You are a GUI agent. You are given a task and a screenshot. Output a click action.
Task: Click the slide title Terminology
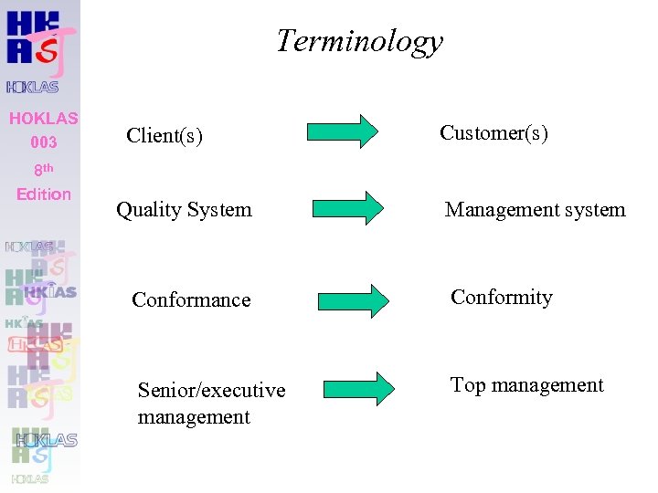[359, 41]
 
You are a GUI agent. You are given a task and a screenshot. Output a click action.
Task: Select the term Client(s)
[164, 136]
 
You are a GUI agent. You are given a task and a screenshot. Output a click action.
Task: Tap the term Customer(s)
[493, 133]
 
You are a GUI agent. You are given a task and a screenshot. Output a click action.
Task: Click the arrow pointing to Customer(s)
[342, 131]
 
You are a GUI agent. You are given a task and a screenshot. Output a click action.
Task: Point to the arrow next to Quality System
[348, 207]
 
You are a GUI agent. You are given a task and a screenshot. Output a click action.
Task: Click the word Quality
[149, 210]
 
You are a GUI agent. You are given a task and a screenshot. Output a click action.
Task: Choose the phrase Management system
[535, 210]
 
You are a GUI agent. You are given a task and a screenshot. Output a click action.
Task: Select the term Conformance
[191, 299]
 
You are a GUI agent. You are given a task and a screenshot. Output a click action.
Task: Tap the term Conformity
[501, 298]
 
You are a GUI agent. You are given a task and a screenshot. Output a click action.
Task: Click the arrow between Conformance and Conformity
[353, 300]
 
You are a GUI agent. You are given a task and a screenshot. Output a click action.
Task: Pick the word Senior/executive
[211, 391]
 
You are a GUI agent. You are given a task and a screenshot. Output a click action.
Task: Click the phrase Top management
[526, 385]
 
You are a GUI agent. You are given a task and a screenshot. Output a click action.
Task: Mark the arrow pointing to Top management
[358, 387]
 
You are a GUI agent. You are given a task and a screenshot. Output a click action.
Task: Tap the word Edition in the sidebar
[44, 194]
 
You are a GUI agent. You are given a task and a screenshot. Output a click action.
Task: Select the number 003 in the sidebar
[43, 142]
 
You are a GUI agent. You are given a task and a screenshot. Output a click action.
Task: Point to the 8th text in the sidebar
[43, 169]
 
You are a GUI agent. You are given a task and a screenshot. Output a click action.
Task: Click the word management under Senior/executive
[194, 417]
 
